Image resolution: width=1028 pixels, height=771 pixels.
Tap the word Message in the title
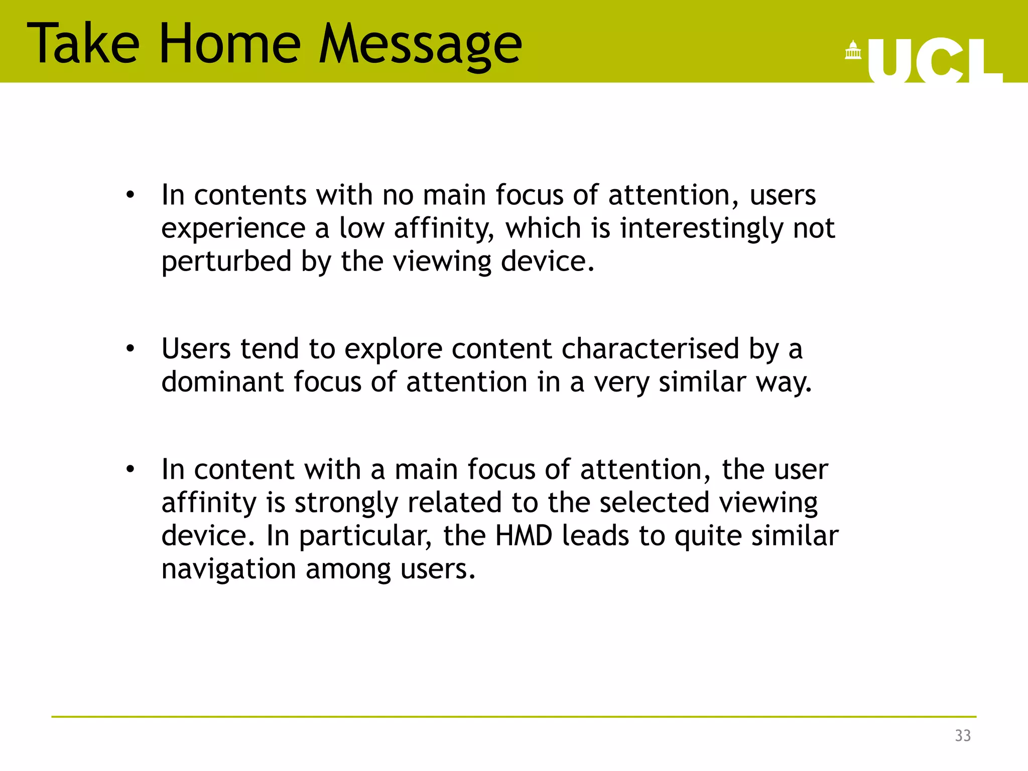point(421,45)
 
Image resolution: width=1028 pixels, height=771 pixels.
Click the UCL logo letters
point(934,61)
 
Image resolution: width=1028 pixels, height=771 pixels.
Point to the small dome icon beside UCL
point(853,51)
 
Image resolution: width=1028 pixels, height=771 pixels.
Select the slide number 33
point(963,735)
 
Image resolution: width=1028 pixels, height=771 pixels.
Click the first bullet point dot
point(131,195)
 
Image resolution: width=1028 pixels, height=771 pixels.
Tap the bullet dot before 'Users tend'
point(131,348)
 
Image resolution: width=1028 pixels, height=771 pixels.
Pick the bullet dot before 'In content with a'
point(131,469)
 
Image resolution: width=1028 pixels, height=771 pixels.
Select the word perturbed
point(226,262)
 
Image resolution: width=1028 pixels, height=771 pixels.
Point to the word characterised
point(650,348)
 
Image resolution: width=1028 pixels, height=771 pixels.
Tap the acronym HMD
point(524,536)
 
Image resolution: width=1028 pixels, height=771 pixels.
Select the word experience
point(233,229)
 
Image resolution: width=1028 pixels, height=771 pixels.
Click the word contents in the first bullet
point(250,195)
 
